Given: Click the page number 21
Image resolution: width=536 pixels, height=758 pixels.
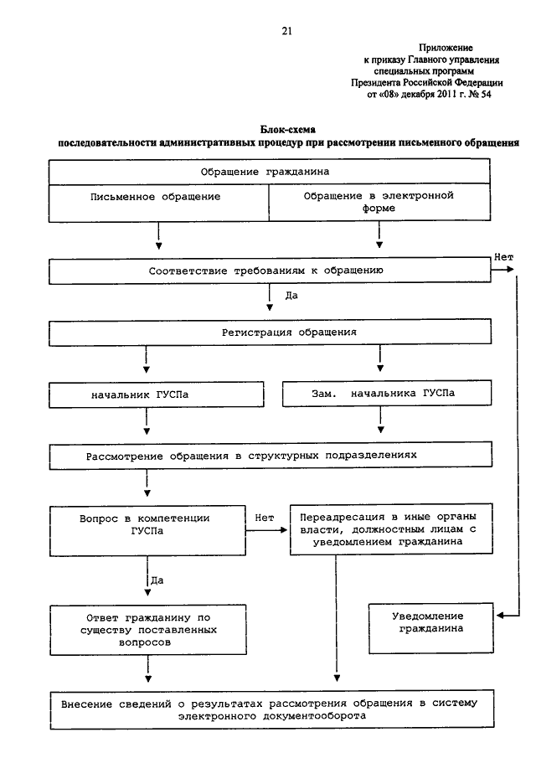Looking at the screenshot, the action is [x=286, y=32].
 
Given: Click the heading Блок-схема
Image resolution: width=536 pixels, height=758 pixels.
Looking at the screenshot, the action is [x=288, y=130].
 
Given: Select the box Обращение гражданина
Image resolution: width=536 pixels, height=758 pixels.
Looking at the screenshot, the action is [x=269, y=172].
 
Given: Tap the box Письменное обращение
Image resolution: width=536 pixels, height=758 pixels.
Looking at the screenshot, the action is [x=158, y=203].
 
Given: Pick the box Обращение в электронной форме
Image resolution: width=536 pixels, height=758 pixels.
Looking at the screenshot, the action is [x=380, y=203].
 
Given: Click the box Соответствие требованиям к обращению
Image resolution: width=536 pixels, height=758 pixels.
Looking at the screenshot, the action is [x=270, y=271].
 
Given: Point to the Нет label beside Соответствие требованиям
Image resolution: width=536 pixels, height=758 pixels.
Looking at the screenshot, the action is [x=503, y=257].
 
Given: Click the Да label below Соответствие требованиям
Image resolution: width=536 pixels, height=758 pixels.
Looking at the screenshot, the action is [x=291, y=295].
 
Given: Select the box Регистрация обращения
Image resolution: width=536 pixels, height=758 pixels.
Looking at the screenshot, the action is [x=270, y=333].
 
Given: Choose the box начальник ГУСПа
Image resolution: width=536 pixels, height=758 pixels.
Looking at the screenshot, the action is [x=156, y=394].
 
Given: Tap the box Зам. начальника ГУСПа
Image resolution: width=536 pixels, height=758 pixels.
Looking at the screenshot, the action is [x=387, y=393].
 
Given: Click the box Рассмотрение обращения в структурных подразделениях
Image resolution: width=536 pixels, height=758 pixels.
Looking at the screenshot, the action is [x=271, y=456].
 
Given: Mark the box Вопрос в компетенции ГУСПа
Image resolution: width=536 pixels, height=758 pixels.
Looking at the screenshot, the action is [x=147, y=531].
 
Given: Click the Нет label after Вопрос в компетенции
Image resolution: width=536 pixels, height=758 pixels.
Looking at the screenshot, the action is [x=265, y=518].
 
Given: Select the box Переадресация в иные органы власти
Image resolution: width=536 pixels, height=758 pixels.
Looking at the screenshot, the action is [x=391, y=529].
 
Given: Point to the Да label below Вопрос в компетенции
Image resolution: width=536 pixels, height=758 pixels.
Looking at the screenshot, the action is [x=157, y=580].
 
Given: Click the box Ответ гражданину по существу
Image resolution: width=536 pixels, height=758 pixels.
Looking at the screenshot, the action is [x=148, y=630].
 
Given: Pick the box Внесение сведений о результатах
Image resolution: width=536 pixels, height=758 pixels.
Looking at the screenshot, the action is [x=271, y=709].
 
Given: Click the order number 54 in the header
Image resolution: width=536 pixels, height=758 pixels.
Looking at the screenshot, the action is [x=486, y=95].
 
